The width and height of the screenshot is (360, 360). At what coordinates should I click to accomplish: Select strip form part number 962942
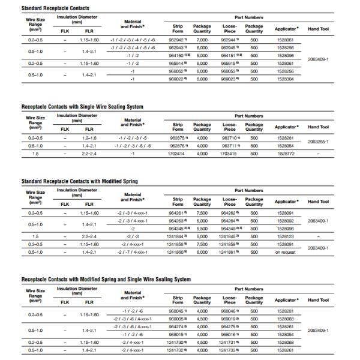[177, 39]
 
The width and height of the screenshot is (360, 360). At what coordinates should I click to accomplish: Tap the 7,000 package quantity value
[202, 39]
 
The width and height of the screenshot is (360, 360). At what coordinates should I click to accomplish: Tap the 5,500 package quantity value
[202, 229]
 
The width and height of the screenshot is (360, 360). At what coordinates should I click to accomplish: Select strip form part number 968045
[177, 311]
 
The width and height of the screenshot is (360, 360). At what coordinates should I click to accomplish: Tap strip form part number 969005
[177, 319]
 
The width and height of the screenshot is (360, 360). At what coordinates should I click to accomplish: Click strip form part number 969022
[177, 78]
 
